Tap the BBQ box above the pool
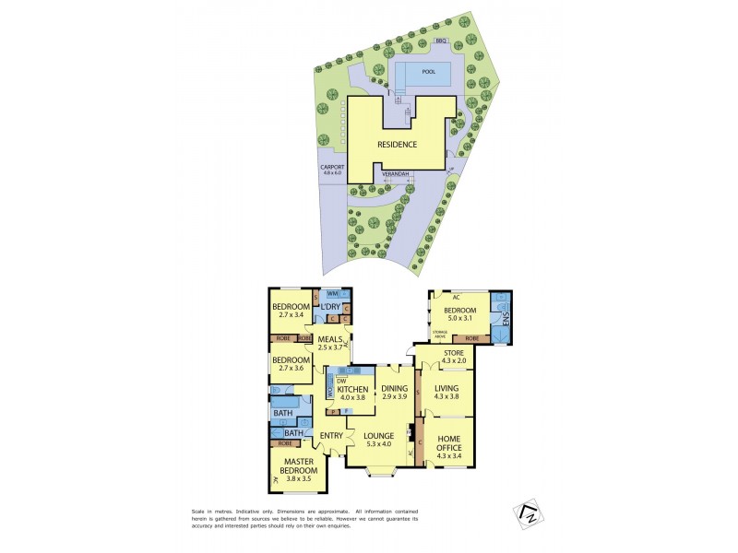tap(441, 41)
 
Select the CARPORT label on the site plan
tap(331, 167)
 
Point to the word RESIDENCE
tap(397, 145)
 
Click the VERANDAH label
tap(397, 173)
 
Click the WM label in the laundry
tap(332, 294)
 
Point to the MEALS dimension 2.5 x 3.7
tap(330, 347)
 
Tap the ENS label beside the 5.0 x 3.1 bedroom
tap(505, 318)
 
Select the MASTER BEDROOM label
tap(294, 466)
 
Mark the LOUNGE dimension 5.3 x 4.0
tap(378, 445)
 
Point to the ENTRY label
tap(330, 435)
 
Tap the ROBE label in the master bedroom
tap(285, 443)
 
